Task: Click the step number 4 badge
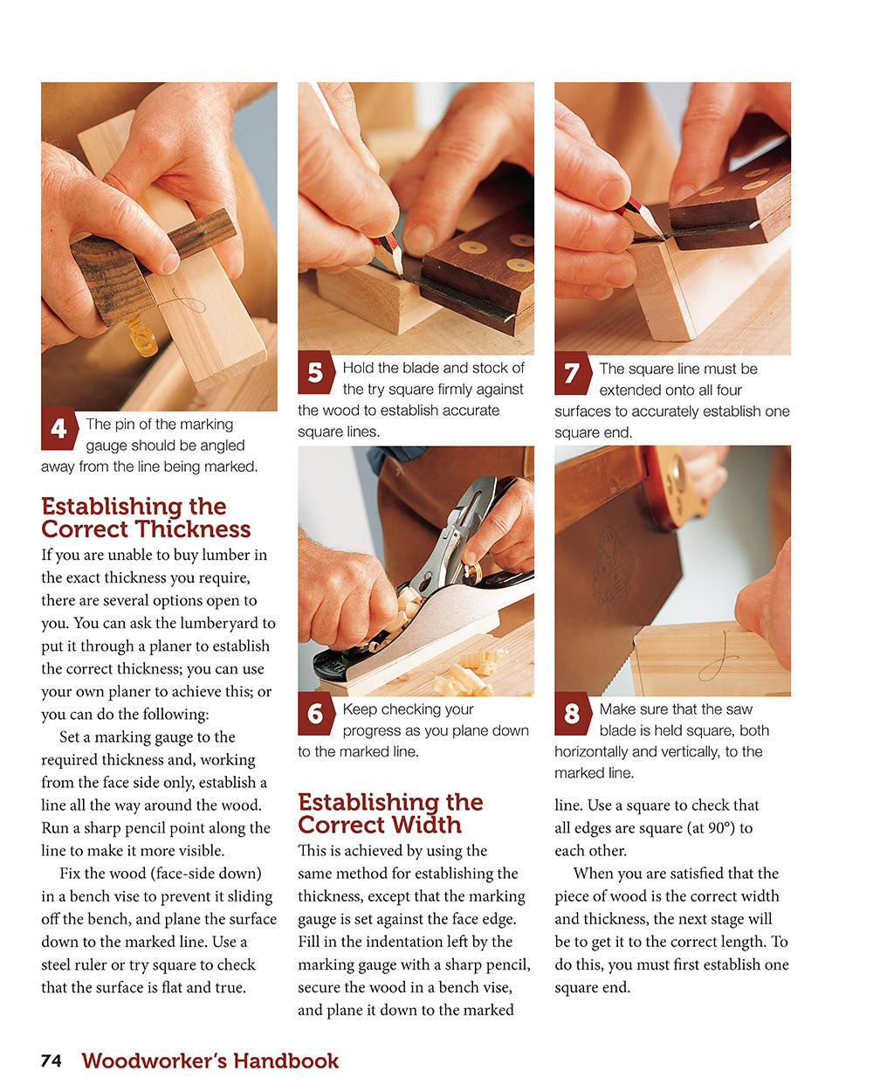[58, 429]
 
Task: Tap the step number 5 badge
[315, 373]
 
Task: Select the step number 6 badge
[315, 714]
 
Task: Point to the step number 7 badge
[572, 374]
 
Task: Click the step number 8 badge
[572, 714]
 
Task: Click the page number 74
[52, 1061]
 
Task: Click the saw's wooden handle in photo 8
[677, 485]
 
